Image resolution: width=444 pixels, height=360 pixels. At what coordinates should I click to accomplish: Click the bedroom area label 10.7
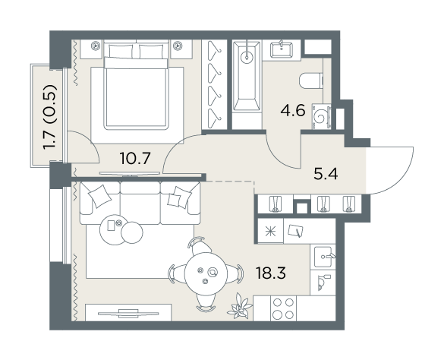[x=134, y=158]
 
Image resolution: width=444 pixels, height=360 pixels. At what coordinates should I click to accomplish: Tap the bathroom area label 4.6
[x=293, y=111]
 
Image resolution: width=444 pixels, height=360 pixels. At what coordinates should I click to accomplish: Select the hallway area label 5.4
[x=326, y=174]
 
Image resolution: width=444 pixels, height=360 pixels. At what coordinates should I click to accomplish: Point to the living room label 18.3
[x=271, y=273]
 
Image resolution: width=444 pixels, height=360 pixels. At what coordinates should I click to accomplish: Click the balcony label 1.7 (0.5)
[x=50, y=117]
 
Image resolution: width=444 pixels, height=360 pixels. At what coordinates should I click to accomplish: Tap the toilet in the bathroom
[x=311, y=81]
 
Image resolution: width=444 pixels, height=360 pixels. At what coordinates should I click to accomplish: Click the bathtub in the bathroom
[x=247, y=76]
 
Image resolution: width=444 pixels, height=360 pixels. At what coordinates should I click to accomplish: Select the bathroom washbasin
[x=282, y=50]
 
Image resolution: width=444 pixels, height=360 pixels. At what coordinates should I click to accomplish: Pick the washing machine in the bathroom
[x=322, y=116]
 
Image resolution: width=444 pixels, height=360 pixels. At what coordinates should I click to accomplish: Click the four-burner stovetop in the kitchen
[x=283, y=308]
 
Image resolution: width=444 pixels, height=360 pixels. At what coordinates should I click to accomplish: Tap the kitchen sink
[x=323, y=257]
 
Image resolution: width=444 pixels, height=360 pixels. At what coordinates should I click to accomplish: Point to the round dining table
[x=206, y=274]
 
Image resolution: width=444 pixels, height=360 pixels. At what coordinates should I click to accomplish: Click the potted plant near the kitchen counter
[x=240, y=306]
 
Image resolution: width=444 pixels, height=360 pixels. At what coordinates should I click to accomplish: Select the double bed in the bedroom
[x=136, y=85]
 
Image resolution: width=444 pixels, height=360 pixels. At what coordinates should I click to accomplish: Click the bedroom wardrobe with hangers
[x=214, y=85]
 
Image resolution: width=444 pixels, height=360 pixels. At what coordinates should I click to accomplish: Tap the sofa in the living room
[x=140, y=203]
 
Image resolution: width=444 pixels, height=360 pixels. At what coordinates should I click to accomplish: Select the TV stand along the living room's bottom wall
[x=128, y=313]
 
